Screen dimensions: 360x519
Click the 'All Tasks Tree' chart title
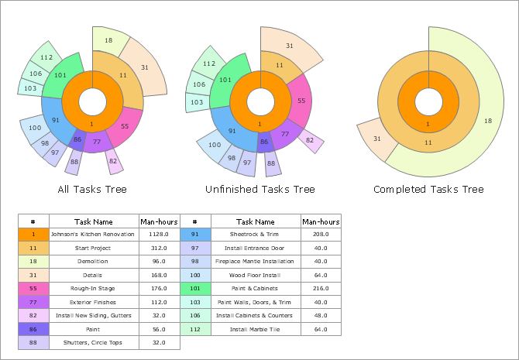coord(92,189)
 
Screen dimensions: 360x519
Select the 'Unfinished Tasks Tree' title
coord(259,189)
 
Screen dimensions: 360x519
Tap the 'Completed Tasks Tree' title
coord(428,189)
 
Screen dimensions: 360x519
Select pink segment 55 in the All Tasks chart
coord(125,125)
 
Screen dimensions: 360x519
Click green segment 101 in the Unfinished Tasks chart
coord(225,79)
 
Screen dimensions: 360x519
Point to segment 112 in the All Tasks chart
coord(46,57)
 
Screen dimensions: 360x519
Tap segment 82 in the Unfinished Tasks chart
coord(310,140)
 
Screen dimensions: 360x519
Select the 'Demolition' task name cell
coord(94,262)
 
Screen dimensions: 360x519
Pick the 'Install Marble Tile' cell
coord(256,330)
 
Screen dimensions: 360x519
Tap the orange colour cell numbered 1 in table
coord(34,234)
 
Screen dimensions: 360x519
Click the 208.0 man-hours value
coord(321,234)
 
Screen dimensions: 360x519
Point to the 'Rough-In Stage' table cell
coord(94,289)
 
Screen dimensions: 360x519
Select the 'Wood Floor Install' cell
coord(256,275)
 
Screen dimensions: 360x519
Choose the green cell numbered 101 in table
coord(195,289)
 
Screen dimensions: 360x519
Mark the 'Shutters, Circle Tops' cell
coord(94,343)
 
